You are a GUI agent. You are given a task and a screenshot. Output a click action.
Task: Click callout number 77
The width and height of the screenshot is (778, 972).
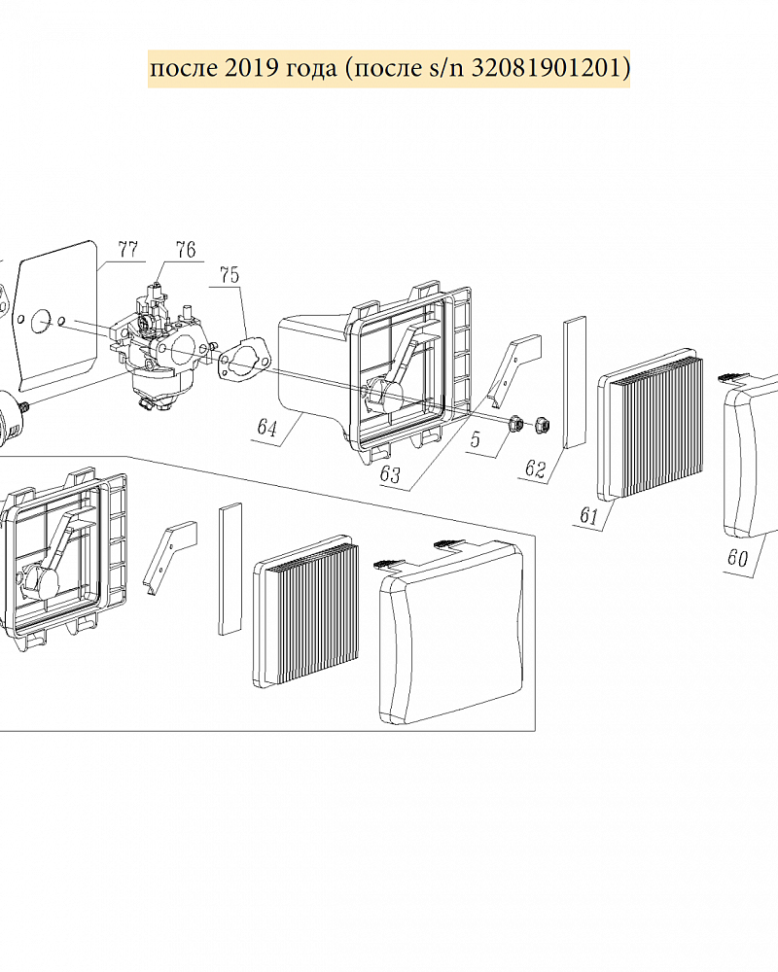click(127, 249)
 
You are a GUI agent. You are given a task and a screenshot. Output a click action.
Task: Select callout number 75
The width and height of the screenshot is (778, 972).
click(229, 275)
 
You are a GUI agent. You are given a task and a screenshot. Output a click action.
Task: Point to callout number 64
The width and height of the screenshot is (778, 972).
click(266, 429)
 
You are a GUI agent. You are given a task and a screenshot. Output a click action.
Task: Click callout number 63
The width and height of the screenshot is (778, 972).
click(390, 474)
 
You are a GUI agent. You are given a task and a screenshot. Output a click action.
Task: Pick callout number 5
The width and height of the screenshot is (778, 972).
click(476, 439)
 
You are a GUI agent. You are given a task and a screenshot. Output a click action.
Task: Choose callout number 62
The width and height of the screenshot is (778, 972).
click(535, 469)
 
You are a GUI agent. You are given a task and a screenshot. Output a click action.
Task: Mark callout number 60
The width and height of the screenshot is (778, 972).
click(737, 558)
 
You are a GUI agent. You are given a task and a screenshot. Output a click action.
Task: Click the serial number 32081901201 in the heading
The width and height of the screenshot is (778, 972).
click(546, 68)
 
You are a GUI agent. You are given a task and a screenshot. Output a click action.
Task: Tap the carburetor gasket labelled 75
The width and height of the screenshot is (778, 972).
click(242, 361)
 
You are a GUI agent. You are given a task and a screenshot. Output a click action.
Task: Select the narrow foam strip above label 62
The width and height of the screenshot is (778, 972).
click(575, 381)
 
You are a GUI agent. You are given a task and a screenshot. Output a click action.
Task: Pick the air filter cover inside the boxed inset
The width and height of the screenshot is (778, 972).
click(450, 631)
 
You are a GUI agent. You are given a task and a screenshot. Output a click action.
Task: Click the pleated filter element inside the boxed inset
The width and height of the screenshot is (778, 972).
click(306, 613)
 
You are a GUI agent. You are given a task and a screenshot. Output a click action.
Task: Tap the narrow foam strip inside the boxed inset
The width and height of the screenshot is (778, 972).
click(230, 569)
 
